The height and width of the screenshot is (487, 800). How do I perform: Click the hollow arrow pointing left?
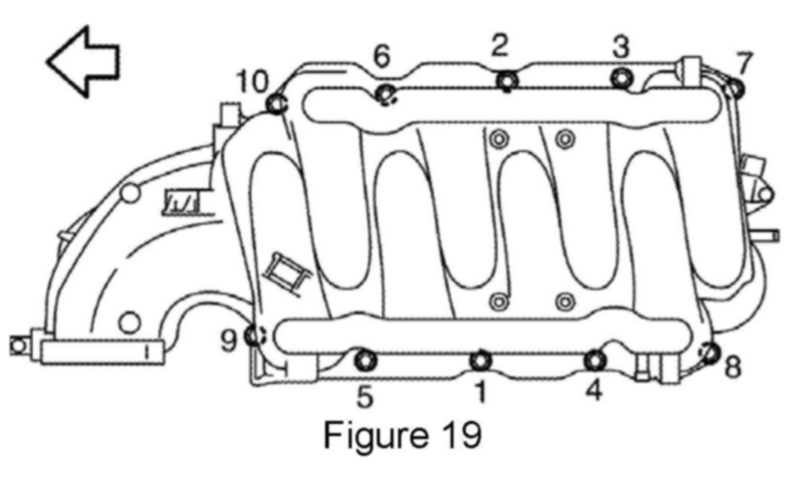pyautogui.click(x=83, y=62)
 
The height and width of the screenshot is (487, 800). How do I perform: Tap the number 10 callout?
pyautogui.click(x=252, y=81)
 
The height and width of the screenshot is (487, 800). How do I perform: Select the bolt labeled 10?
pyautogui.click(x=276, y=103)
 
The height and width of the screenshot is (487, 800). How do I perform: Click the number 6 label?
pyautogui.click(x=381, y=55)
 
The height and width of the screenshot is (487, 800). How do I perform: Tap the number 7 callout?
pyautogui.click(x=743, y=63)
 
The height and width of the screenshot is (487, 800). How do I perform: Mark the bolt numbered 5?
pyautogui.click(x=365, y=359)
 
